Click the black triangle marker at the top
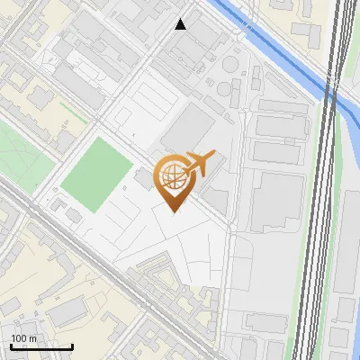tap(181, 24)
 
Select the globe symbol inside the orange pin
tap(172, 177)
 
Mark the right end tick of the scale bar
tap(72, 346)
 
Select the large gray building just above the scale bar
tap(65, 313)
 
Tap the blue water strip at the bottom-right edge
tap(353, 270)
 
